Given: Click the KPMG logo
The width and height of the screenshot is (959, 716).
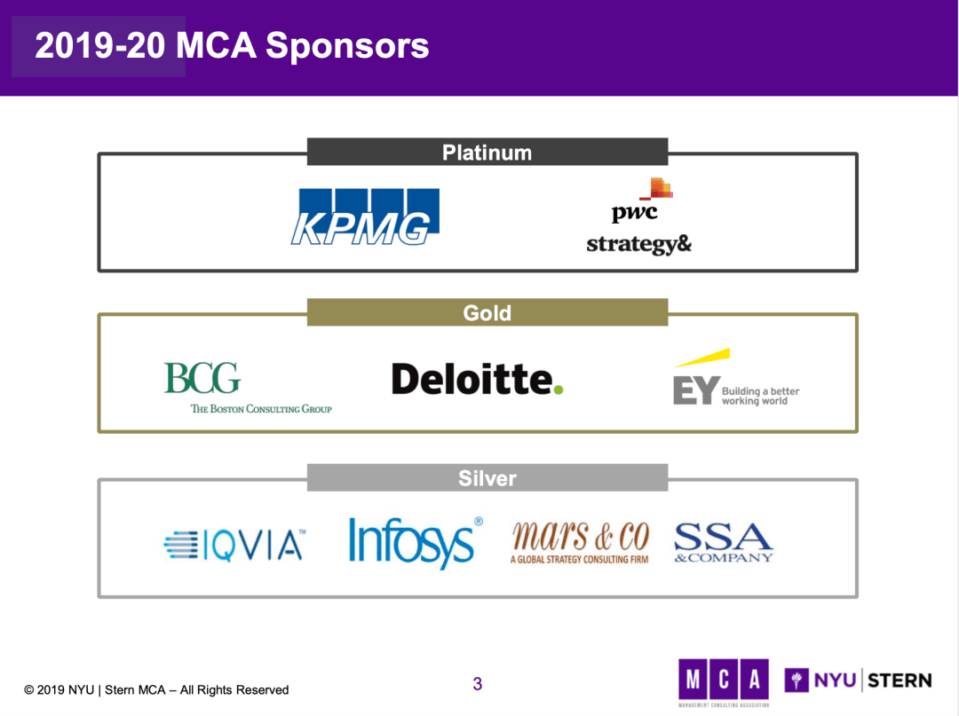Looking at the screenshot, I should (365, 216).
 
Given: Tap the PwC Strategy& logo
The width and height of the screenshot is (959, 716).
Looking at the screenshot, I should (638, 217).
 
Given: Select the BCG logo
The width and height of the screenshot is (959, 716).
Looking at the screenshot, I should (202, 379).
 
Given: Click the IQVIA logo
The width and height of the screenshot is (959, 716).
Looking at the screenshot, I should (234, 545).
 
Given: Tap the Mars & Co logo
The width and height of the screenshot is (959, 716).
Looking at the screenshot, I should (580, 542).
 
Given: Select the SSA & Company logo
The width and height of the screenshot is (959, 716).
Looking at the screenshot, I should (724, 542).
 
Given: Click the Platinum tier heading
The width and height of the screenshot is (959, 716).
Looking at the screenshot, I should (487, 153).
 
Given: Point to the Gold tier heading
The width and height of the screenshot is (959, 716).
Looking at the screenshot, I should (487, 313).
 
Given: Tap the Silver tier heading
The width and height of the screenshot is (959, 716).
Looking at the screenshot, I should (487, 479).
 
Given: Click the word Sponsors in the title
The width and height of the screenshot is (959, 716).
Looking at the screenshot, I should (347, 46).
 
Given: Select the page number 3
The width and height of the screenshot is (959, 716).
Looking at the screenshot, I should (478, 684).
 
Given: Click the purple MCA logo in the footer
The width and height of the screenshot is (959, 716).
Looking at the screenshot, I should (723, 681).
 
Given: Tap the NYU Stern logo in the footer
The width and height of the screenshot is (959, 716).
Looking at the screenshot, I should (858, 681).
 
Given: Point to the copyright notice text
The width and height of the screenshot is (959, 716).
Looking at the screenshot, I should (156, 689).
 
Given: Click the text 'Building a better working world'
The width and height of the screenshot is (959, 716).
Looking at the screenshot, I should (760, 397).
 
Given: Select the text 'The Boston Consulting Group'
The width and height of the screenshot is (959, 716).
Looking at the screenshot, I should (261, 409).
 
